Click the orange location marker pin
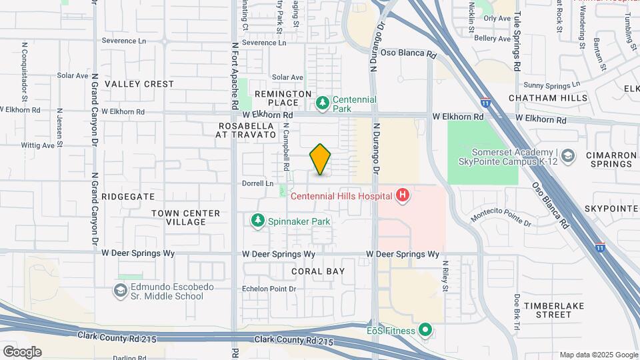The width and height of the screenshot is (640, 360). tap(321, 159)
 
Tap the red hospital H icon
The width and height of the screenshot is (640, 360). tap(403, 196)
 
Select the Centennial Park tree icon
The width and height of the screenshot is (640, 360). tap(323, 103)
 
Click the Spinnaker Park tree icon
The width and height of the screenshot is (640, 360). tap(257, 220)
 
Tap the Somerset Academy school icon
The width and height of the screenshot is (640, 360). tap(567, 157)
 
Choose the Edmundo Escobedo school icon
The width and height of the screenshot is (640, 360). tap(120, 291)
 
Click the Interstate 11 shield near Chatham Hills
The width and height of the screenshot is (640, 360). tap(485, 103)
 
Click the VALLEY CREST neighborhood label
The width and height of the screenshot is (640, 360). tap(139, 84)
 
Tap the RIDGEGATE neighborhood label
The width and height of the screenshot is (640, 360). tap(129, 197)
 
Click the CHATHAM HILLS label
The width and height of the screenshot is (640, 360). tap(548, 98)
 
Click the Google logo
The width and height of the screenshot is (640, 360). tap(22, 351)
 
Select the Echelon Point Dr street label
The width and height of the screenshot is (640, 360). tap(268, 289)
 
